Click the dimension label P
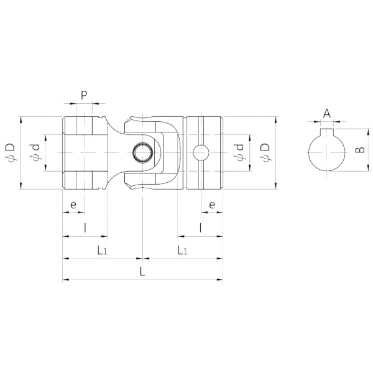84,95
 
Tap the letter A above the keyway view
327,114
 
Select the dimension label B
360,150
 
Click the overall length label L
142,271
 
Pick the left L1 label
103,251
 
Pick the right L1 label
183,251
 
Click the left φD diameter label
11,152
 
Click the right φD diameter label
265,152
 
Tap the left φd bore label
35,152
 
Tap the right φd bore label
240,152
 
